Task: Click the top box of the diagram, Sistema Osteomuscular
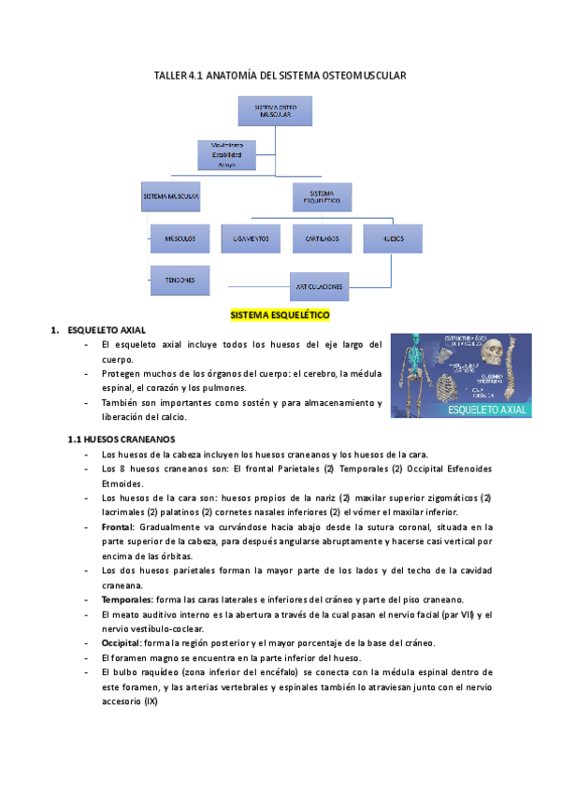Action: (x=276, y=112)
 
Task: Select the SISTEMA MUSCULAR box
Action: (x=171, y=197)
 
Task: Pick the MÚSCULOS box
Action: (x=180, y=239)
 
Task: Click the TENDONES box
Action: (x=180, y=281)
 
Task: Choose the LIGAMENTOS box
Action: (x=251, y=239)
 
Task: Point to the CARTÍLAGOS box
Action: (x=321, y=239)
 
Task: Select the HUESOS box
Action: (x=394, y=239)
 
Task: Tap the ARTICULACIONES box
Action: (x=320, y=285)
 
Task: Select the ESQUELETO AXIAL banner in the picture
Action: (x=487, y=410)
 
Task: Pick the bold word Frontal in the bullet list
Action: (x=118, y=527)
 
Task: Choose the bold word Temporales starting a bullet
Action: (x=126, y=598)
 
